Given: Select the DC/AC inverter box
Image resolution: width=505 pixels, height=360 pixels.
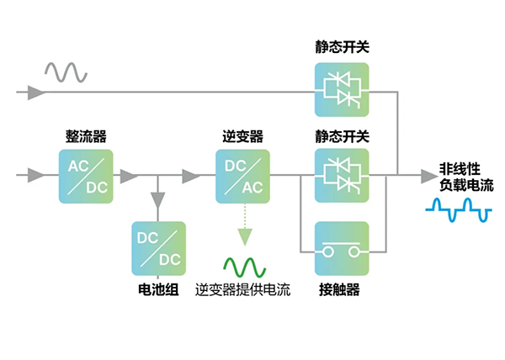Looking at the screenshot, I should click(242, 175).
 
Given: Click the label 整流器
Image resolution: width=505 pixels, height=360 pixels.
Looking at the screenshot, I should click(86, 135).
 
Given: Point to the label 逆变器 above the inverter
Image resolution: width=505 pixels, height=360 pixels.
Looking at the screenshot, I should click(242, 135).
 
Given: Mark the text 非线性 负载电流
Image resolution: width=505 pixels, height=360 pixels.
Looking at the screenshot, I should click(465, 175).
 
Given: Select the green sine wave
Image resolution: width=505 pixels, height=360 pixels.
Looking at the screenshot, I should click(244, 267).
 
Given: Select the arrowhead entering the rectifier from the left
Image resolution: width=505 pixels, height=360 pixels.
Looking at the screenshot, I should click(35, 175).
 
